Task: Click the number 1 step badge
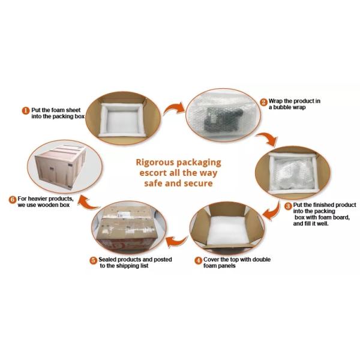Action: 26,110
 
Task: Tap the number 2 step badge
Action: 264,102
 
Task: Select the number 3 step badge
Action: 288,206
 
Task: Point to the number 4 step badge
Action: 198,261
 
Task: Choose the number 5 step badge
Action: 93,260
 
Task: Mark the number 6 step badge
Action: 13,199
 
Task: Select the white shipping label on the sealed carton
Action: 123,215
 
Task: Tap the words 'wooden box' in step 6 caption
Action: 53,205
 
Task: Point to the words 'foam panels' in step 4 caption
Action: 220,266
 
